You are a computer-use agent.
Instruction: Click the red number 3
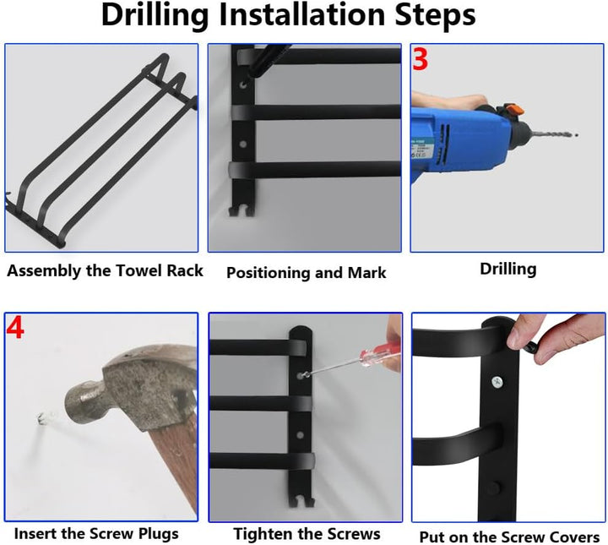(420, 59)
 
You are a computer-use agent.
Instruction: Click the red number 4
(15, 328)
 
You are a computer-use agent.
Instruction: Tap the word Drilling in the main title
(155, 15)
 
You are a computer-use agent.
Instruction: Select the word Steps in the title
(435, 15)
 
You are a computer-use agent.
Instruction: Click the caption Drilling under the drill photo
(508, 270)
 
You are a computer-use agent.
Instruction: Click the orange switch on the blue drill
(513, 109)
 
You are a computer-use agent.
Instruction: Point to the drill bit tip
(577, 135)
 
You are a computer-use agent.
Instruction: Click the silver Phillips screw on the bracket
(497, 383)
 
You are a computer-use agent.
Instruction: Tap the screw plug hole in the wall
(41, 418)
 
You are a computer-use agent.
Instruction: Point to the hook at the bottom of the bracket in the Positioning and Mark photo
(242, 210)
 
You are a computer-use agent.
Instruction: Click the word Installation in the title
(301, 15)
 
